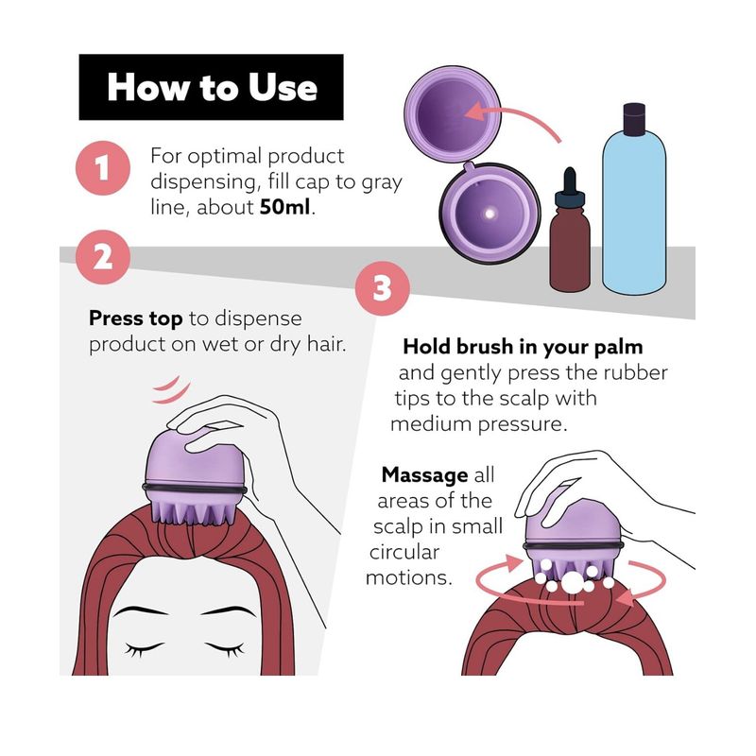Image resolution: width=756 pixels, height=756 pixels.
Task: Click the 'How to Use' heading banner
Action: click(211, 87)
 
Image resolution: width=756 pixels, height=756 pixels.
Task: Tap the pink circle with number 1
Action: click(103, 168)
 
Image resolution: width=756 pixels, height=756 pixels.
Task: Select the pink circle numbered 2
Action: click(103, 257)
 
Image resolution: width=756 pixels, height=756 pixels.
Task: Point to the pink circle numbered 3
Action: click(383, 288)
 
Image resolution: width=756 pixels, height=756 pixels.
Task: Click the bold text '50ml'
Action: click(284, 207)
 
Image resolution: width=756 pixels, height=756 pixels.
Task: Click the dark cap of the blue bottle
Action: click(634, 118)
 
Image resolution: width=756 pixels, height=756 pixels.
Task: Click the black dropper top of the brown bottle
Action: click(570, 185)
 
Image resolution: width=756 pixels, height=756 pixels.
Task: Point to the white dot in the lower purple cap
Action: click(490, 214)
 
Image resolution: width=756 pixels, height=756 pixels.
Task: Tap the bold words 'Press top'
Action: click(135, 318)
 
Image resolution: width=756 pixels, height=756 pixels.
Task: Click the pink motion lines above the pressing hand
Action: click(171, 390)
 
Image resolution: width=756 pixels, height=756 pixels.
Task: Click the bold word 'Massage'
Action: click(424, 475)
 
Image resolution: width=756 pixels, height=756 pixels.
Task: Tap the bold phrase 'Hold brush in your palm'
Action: click(523, 347)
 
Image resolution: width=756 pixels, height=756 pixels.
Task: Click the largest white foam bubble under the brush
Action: click(572, 581)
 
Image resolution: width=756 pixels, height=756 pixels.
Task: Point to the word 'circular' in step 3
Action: click(404, 552)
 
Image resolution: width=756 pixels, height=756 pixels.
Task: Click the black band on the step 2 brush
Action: click(195, 489)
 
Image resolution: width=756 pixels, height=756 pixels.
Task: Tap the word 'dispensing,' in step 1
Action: click(206, 182)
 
